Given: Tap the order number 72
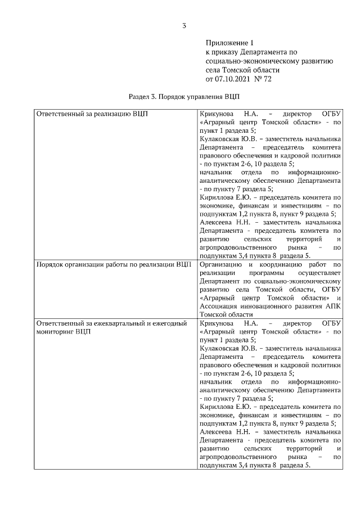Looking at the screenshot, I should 268,79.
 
